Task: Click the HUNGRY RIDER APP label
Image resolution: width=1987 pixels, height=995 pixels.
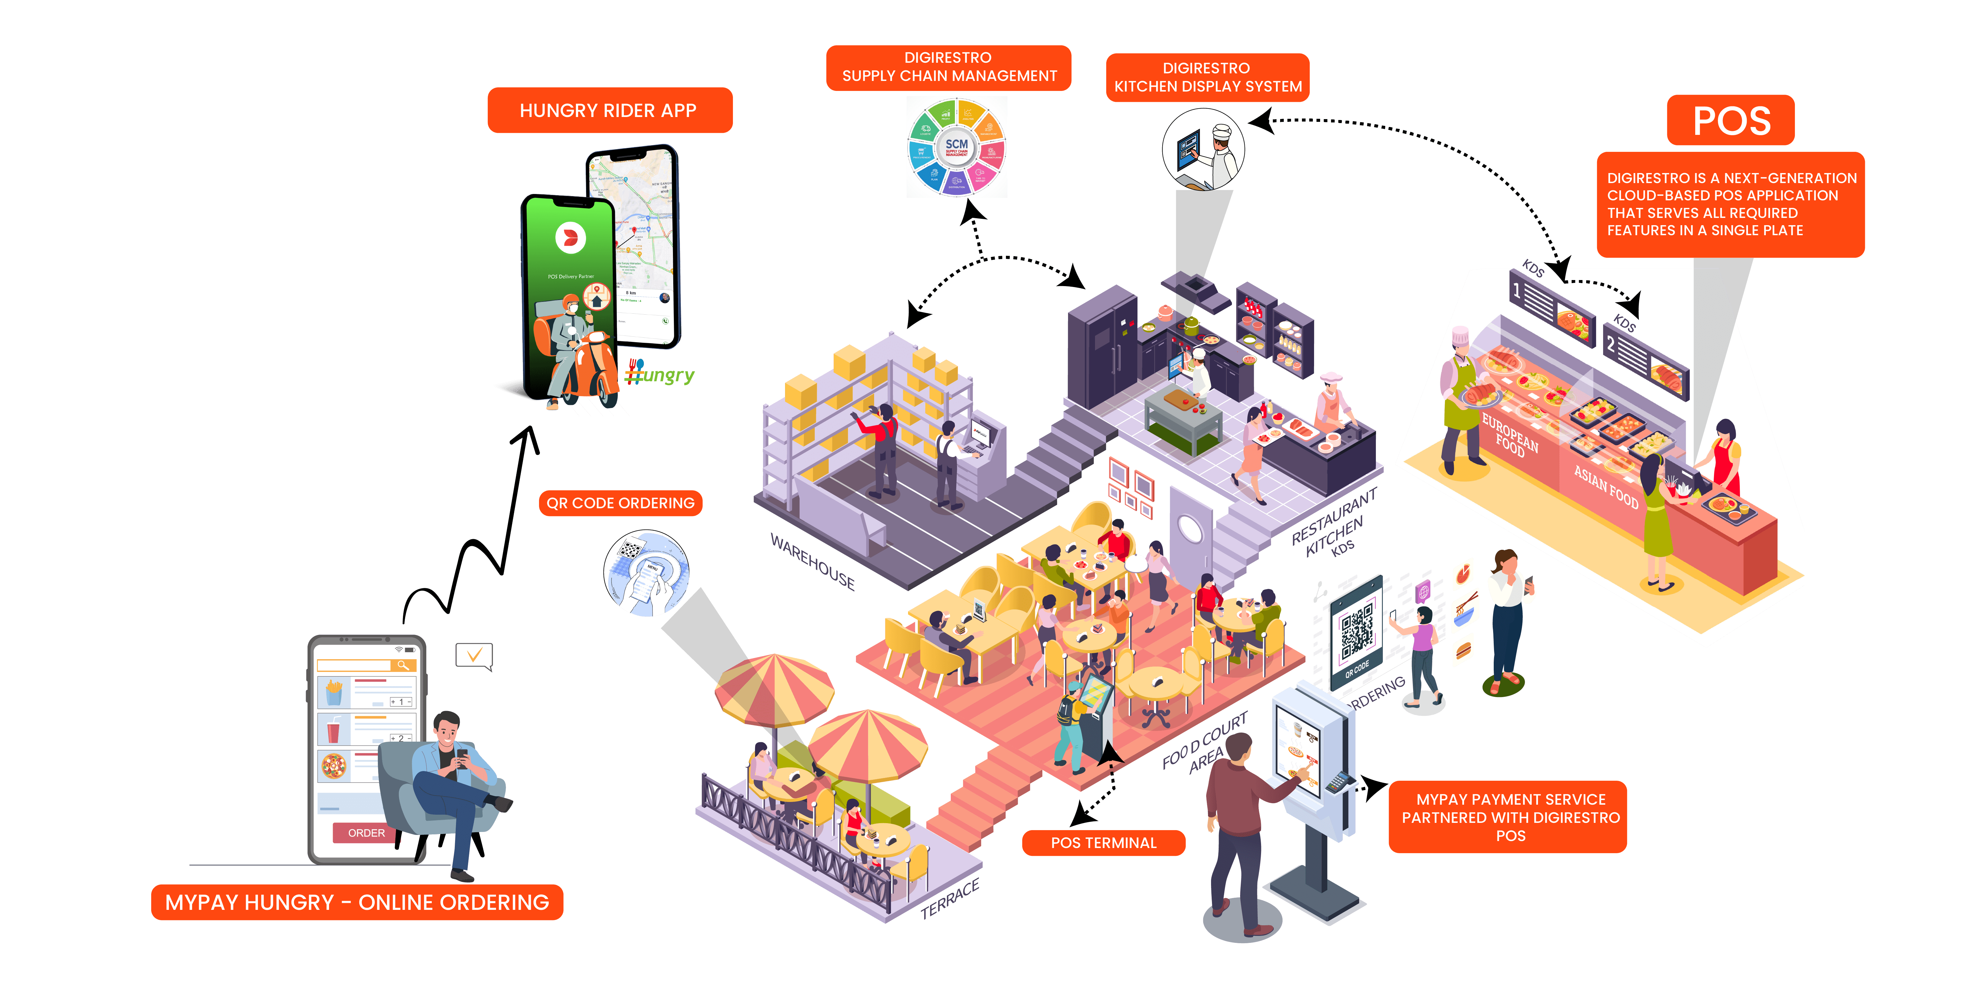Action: pos(609,110)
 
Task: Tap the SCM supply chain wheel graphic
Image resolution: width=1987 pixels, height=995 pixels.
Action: pos(957,147)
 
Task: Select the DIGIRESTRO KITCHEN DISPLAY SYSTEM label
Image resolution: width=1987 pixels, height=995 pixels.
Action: pos(1207,77)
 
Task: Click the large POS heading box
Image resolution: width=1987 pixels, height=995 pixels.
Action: pos(1731,120)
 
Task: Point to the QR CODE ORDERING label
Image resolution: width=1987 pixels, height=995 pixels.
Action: pos(620,503)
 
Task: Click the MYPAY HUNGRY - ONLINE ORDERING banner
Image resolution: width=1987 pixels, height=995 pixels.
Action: pos(357,903)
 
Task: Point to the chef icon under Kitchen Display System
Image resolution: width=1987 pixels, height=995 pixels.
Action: pos(1208,157)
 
